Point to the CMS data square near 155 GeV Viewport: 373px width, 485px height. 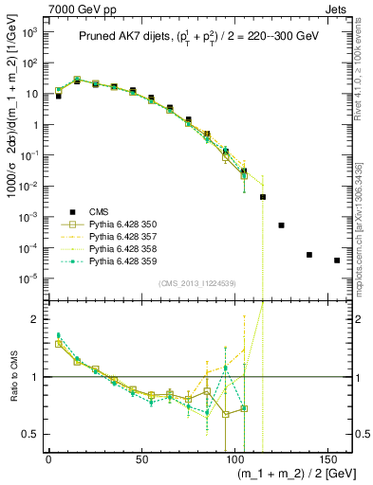(x=337, y=260)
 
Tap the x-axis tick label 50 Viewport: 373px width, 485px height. (x=141, y=458)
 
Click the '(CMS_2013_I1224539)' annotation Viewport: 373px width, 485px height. (x=196, y=282)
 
